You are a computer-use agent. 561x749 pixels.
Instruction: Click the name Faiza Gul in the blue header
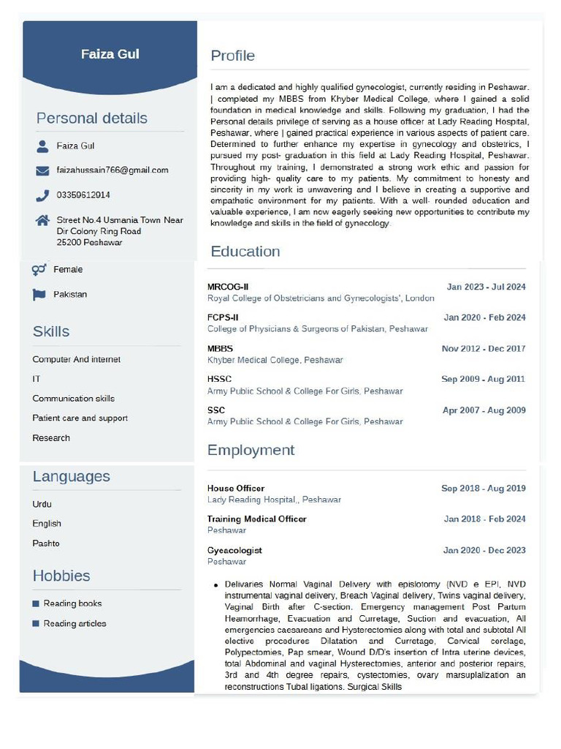(x=110, y=54)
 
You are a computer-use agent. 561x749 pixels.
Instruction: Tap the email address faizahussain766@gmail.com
(x=112, y=170)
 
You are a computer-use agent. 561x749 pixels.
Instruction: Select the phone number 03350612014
(x=83, y=195)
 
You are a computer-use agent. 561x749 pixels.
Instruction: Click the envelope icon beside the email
(x=42, y=170)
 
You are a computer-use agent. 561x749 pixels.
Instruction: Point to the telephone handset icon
(x=42, y=195)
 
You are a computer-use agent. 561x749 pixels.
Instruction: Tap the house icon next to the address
(x=42, y=220)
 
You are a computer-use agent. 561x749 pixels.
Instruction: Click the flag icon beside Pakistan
(x=39, y=294)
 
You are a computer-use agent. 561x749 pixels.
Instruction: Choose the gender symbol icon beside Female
(x=39, y=270)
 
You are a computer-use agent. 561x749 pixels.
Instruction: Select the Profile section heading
(x=232, y=56)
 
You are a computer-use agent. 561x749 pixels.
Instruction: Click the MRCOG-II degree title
(x=227, y=287)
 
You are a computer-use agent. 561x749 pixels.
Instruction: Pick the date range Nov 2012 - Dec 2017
(x=483, y=349)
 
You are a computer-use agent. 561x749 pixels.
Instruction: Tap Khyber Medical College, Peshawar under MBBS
(x=275, y=360)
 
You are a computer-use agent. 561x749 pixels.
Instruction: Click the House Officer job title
(x=235, y=489)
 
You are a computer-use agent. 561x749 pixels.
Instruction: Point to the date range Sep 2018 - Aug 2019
(x=483, y=489)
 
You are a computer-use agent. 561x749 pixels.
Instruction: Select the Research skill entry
(x=51, y=438)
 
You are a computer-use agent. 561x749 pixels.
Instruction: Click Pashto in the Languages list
(x=46, y=543)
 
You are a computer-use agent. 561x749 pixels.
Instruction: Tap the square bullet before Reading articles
(x=36, y=624)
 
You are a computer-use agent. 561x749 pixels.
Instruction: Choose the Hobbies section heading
(x=61, y=576)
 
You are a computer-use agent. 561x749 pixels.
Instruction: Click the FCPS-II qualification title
(x=223, y=317)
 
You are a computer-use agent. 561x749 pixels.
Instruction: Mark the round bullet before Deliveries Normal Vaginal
(x=216, y=586)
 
